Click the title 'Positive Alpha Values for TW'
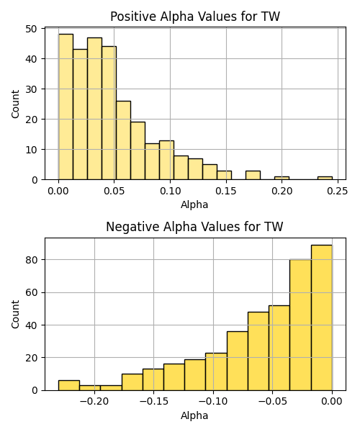coord(195,17)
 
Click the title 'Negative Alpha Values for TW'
coord(194,227)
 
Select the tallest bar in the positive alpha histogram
coord(66,107)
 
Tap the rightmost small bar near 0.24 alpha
coord(325,178)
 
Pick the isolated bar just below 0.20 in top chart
coord(282,178)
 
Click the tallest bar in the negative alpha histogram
coord(321,318)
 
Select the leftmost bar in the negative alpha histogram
coord(69,385)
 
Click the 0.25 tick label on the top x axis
coord(338,191)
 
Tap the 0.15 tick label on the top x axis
coord(226,191)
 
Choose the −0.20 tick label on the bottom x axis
coord(94,402)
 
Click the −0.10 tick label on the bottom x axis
coord(213,402)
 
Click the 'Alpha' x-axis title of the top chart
coord(194,204)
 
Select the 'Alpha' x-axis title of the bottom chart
coord(194,415)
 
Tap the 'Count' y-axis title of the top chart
coord(15,104)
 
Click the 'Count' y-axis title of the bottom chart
coord(15,315)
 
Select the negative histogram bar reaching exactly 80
coord(300,325)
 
